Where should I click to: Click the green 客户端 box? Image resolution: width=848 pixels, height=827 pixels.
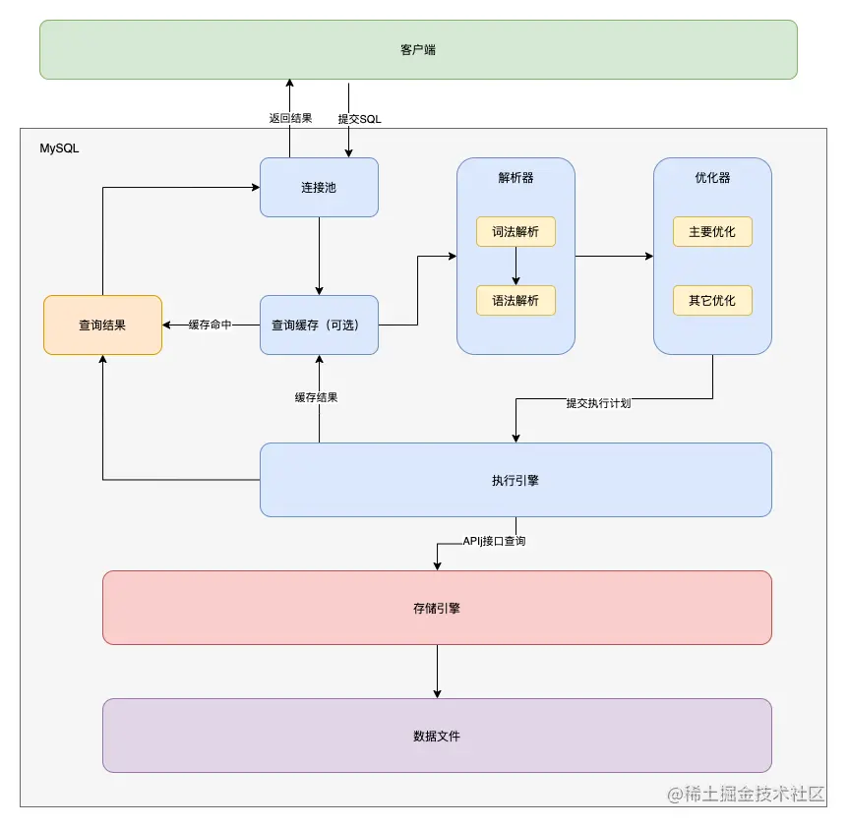point(417,49)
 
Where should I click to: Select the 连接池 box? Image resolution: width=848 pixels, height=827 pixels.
point(319,187)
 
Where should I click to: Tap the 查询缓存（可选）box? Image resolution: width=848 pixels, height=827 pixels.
point(319,325)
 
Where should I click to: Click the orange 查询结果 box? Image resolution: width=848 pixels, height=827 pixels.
point(102,325)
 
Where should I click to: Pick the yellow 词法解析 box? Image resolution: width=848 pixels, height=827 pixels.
point(515,231)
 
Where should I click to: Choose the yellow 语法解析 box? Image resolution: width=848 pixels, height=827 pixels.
point(515,300)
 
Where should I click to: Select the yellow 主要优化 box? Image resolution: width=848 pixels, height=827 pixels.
point(712,231)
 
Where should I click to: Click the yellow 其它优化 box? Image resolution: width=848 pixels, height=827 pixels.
point(712,300)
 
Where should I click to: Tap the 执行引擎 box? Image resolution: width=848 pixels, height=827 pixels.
point(515,480)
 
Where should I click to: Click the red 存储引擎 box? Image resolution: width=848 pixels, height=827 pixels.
point(437,608)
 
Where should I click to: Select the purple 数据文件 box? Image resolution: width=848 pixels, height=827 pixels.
point(437,736)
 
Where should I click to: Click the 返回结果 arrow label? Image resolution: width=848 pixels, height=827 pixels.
point(290,118)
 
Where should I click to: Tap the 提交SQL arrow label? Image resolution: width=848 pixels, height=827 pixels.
point(359,118)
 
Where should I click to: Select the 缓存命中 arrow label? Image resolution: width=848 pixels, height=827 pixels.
point(210,325)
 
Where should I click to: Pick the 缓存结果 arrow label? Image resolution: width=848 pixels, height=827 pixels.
point(318,397)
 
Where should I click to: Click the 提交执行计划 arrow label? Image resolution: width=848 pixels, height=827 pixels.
point(598,403)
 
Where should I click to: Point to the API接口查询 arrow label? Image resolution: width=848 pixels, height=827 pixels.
point(494,541)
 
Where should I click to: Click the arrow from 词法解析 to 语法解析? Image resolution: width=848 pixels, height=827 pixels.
point(515,266)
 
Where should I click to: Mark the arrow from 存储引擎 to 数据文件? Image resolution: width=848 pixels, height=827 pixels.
point(437,671)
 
